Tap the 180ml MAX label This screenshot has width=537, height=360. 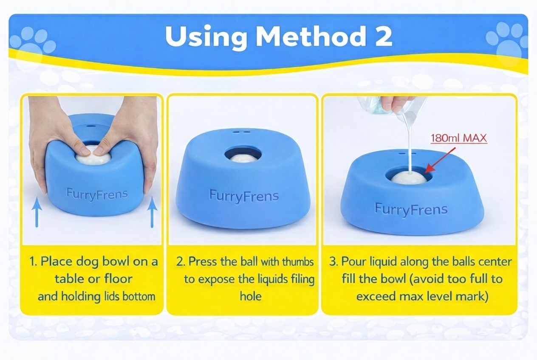pos(459,138)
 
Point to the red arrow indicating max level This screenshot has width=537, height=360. pos(440,160)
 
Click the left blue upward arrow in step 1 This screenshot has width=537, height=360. pos(37,211)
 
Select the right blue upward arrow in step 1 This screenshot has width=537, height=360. pos(152,211)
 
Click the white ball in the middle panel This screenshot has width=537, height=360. pos(243,158)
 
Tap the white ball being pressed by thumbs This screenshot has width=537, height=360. pos(93,157)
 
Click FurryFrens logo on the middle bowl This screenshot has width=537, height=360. pos(244,196)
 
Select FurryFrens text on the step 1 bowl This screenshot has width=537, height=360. pos(96,194)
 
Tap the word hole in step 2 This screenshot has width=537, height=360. pos(251,296)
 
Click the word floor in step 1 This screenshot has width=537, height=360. pos(119,279)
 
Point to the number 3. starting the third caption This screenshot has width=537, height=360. pos(334,262)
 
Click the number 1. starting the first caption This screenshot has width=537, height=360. pos(33,262)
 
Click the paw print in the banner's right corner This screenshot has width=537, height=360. pos(506,43)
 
